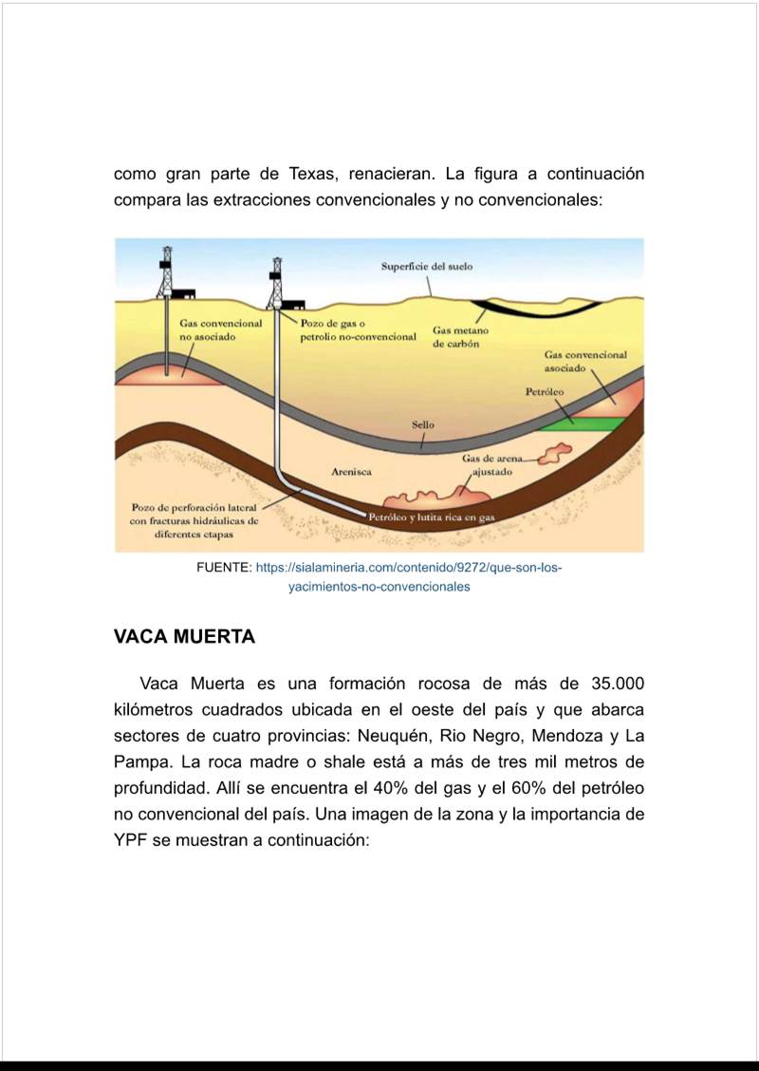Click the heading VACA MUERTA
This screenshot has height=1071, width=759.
point(184,637)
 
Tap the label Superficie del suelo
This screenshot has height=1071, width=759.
point(426,267)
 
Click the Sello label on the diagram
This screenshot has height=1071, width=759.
point(423,424)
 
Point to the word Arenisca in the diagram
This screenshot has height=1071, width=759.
point(351,471)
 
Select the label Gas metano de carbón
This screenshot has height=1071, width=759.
point(460,337)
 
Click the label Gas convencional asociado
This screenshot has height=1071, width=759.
point(585,361)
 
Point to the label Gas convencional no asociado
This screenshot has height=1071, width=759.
point(220,329)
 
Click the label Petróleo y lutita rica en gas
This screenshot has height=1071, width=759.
point(432,517)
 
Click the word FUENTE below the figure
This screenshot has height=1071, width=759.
point(224,568)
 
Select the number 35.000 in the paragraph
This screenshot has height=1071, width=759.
point(617,685)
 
